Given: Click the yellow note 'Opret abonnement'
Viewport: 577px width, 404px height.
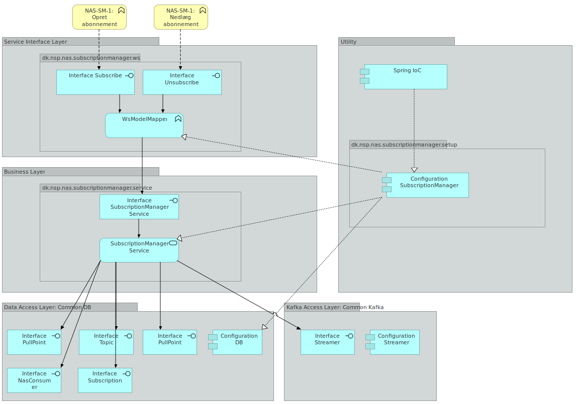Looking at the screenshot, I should tap(99, 17).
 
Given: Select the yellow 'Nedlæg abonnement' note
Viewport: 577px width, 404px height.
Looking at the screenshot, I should tap(180, 17).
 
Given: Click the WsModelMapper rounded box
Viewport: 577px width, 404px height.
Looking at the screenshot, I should tap(144, 125).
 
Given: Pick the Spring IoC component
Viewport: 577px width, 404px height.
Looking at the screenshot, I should tap(406, 77).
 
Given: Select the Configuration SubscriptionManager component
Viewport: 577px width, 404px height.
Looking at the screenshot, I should tap(427, 185).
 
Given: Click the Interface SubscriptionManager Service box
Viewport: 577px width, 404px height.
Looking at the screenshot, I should tap(139, 207).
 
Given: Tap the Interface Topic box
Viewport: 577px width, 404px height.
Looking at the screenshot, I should tap(106, 342).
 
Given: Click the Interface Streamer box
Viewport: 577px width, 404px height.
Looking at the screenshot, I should tap(328, 342).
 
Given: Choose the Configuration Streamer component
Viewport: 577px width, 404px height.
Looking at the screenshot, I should tap(395, 342).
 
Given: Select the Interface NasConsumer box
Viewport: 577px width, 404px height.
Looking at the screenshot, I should tap(34, 380).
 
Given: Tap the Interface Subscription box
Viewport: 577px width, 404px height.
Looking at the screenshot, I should tap(105, 380).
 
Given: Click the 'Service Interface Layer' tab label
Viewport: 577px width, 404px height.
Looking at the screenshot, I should tap(36, 42).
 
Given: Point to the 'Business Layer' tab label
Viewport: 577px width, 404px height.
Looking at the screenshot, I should tap(25, 172).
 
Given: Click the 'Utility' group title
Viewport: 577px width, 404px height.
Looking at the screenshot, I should tap(348, 42).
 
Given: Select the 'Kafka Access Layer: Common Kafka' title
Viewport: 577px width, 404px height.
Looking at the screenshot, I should tap(335, 307).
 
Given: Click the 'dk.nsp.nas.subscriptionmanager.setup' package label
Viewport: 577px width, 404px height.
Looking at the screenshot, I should tap(397, 145).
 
